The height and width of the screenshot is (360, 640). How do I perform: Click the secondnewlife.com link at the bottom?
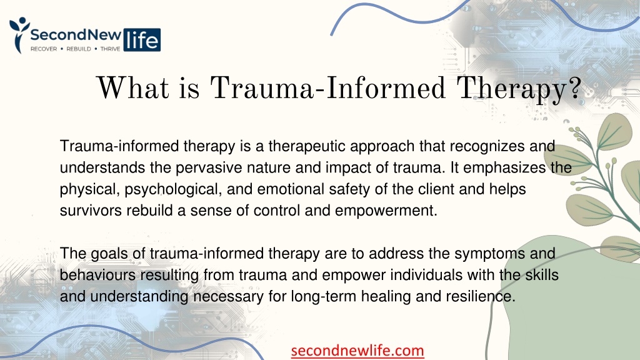click(x=357, y=351)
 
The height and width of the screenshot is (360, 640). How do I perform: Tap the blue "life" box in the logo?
click(x=142, y=40)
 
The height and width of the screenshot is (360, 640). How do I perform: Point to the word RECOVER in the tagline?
click(x=44, y=49)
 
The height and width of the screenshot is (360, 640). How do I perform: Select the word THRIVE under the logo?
click(x=110, y=49)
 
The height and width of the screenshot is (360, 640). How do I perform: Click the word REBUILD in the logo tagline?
click(x=79, y=49)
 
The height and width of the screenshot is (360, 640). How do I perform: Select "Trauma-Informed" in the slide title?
click(x=327, y=87)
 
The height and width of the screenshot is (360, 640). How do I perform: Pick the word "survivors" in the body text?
click(x=91, y=211)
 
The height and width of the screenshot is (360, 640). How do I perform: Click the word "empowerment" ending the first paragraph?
click(x=386, y=211)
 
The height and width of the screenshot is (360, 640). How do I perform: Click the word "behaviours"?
click(x=97, y=275)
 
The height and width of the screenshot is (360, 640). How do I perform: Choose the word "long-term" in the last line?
click(x=323, y=297)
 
